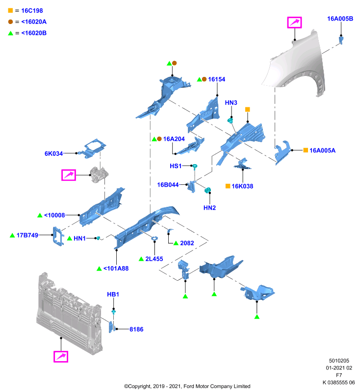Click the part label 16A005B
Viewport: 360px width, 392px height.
[340, 19]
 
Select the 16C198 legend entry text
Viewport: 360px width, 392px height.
[32, 11]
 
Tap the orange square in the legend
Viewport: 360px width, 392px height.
[10, 10]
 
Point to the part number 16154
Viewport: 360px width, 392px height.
[216, 79]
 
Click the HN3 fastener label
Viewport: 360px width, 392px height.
[231, 103]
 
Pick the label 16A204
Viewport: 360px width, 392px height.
[174, 139]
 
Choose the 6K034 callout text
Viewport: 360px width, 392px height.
[53, 153]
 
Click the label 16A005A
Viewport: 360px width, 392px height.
[322, 150]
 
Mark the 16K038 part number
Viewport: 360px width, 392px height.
[242, 186]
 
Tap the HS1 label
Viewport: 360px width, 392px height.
[176, 166]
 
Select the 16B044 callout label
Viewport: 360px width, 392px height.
[168, 185]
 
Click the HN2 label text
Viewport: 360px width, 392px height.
[209, 208]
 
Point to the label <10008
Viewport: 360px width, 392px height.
[54, 215]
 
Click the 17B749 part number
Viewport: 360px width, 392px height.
[27, 235]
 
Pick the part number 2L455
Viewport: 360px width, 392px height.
[154, 259]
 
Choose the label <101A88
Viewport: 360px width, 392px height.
[116, 269]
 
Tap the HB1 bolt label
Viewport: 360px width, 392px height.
[113, 294]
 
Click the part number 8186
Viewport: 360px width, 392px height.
[136, 329]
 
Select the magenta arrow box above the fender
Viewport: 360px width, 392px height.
[294, 23]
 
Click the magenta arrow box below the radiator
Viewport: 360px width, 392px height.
[61, 357]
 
